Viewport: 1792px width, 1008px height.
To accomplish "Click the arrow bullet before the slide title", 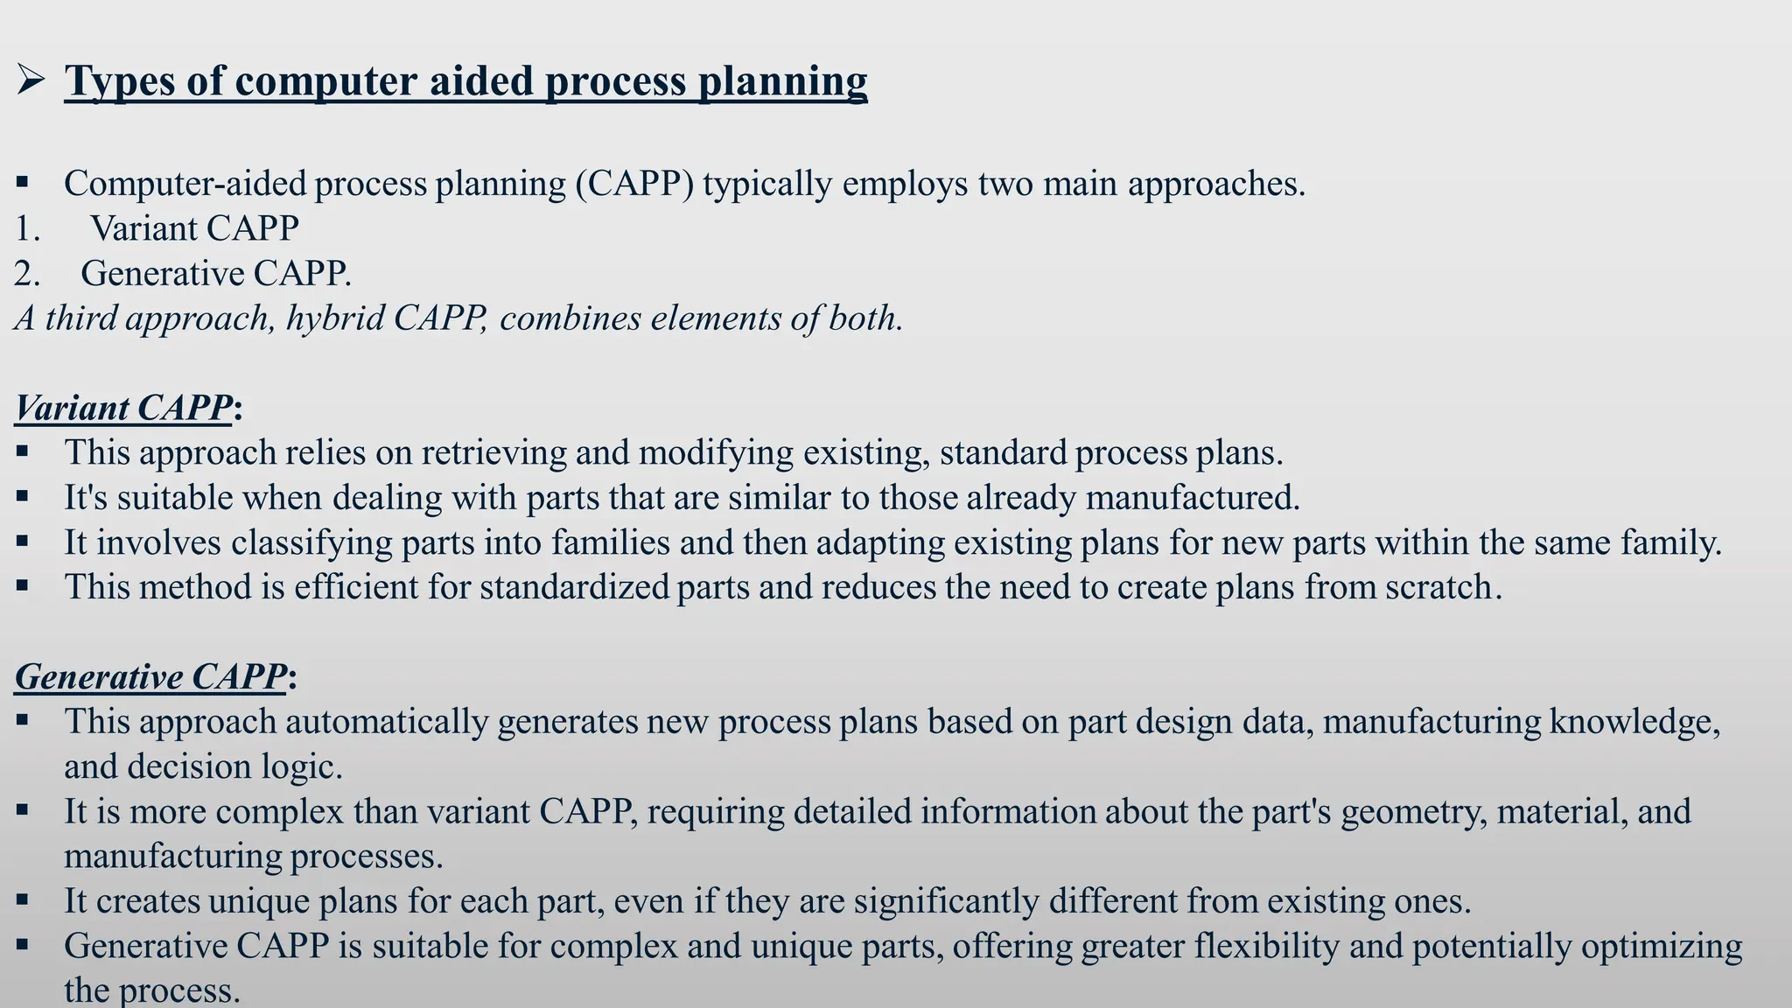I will (31, 82).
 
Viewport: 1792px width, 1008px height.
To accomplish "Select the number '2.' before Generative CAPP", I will (27, 274).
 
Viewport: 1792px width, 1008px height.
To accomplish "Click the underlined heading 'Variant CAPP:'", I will (128, 409).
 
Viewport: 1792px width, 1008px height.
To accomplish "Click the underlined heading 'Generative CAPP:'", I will (155, 677).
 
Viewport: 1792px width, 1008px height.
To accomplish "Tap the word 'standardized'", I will (574, 587).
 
